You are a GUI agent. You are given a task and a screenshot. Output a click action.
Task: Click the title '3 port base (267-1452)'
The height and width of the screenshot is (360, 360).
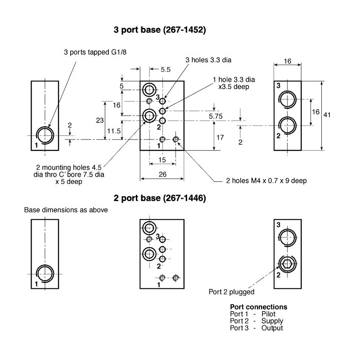click(160, 30)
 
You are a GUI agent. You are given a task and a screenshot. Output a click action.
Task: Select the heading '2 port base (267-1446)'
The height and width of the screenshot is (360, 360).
click(160, 198)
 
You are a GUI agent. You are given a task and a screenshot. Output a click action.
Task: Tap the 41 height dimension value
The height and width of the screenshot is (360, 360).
click(327, 115)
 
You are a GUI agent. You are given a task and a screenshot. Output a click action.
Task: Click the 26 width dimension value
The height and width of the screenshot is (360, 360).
click(162, 175)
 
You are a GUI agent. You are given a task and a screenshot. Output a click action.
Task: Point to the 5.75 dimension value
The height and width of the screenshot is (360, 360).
click(216, 116)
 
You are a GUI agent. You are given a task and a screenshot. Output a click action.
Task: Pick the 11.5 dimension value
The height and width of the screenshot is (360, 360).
click(114, 131)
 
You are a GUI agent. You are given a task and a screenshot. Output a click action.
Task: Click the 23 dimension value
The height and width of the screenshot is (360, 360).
click(100, 120)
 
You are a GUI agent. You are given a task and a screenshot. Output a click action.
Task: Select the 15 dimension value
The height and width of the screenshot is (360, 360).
click(162, 160)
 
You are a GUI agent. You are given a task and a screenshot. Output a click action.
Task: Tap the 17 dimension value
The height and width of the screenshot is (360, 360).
click(220, 137)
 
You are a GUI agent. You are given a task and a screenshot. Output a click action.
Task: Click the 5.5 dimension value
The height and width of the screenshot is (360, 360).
click(166, 70)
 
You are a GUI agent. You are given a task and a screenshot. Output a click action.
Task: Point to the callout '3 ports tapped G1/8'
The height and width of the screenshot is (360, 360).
click(95, 52)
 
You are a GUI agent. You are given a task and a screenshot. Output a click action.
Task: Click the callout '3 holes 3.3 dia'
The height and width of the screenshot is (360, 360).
click(208, 60)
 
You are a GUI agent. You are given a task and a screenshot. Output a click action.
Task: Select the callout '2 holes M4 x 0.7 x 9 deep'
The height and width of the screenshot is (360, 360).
click(266, 181)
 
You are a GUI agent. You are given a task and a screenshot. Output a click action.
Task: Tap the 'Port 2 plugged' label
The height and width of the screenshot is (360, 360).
click(231, 292)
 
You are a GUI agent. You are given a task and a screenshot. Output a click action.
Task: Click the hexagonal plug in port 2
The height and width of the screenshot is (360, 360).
click(287, 264)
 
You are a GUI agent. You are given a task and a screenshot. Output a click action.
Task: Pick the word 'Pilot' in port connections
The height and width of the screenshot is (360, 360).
click(268, 314)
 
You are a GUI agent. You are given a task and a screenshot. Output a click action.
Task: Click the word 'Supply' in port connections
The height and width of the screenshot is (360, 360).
click(272, 321)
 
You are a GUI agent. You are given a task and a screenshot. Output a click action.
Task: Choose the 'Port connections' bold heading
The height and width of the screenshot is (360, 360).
click(258, 307)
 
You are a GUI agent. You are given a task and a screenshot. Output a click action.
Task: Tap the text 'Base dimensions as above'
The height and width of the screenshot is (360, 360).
click(66, 210)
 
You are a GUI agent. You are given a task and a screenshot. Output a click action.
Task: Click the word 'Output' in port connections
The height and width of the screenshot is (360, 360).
click(272, 328)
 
